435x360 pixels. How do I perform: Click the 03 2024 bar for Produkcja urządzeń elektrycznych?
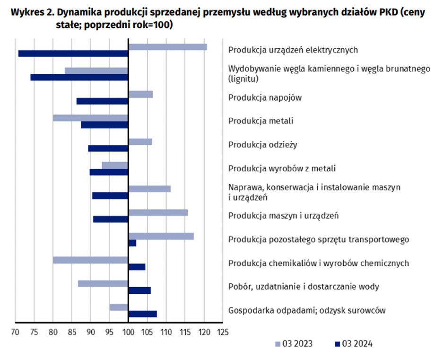tap(73, 53)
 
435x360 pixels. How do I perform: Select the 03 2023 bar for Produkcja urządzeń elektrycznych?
tap(167, 47)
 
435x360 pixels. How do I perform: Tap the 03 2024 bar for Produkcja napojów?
tap(103, 101)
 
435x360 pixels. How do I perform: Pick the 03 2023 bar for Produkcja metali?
tap(90, 118)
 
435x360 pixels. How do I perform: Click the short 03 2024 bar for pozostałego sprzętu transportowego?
tap(132, 243)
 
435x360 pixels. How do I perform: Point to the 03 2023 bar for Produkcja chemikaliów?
tap(90, 260)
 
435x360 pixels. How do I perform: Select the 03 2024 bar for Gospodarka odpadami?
tap(143, 314)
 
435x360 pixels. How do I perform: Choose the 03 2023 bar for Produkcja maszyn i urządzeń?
tap(158, 212)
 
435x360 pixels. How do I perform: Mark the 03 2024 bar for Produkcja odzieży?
tap(108, 148)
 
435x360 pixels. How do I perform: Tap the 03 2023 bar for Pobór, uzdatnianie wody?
tap(103, 284)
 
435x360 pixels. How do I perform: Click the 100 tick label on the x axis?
tap(129, 332)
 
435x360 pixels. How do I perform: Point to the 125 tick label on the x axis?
tap(223, 332)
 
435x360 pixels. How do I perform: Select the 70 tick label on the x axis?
tap(15, 332)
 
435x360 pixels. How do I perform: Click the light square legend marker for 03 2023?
tap(278, 344)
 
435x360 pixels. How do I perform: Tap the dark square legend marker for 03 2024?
tap(338, 344)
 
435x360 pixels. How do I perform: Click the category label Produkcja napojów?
tap(265, 98)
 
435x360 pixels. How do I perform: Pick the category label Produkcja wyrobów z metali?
tap(282, 168)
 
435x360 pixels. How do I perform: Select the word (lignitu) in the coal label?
tap(244, 79)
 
